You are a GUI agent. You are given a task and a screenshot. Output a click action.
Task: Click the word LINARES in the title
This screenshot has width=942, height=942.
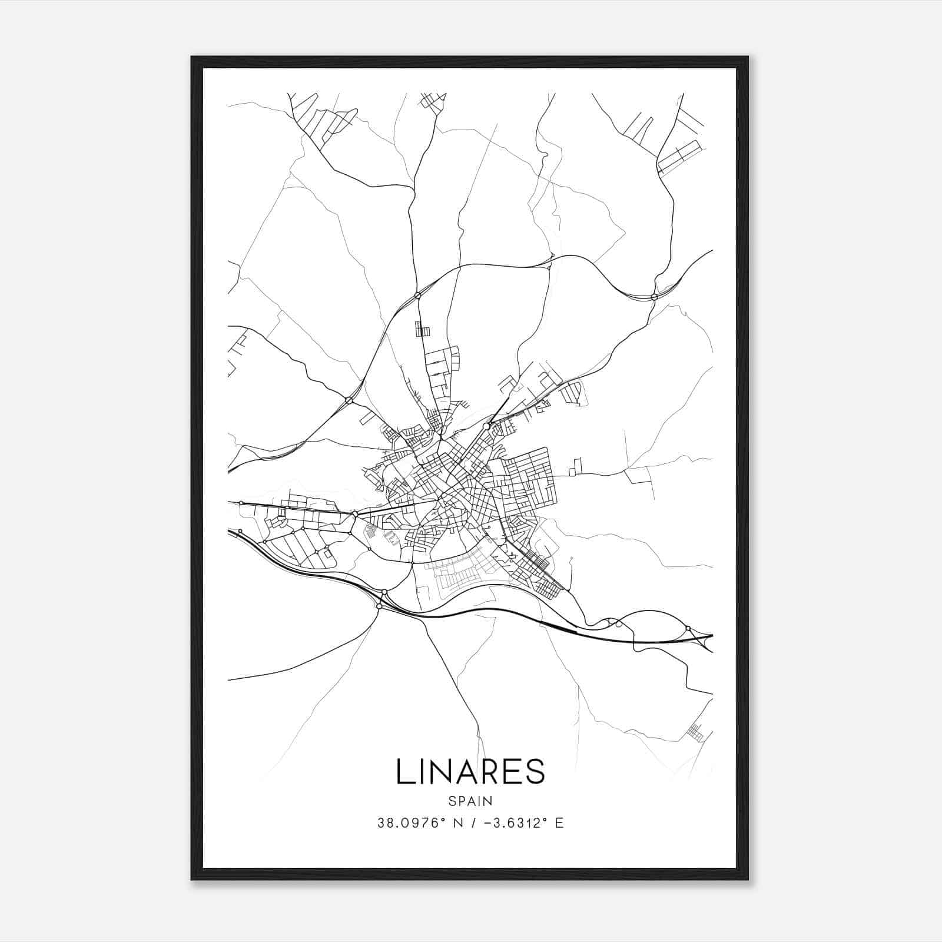coord(470,771)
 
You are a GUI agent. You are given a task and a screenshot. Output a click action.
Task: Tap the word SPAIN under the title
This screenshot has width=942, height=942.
coord(470,801)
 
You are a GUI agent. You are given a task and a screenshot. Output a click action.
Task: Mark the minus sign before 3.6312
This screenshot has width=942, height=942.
coord(486,823)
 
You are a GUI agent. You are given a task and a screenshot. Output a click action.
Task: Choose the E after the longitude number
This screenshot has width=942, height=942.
coord(559,823)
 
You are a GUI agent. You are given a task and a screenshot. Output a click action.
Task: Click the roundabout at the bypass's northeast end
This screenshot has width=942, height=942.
coord(654,297)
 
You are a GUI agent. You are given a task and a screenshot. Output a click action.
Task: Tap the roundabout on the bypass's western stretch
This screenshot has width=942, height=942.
coord(349,400)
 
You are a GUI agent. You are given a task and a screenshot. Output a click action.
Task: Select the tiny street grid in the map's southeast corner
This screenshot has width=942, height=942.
coord(696,731)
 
